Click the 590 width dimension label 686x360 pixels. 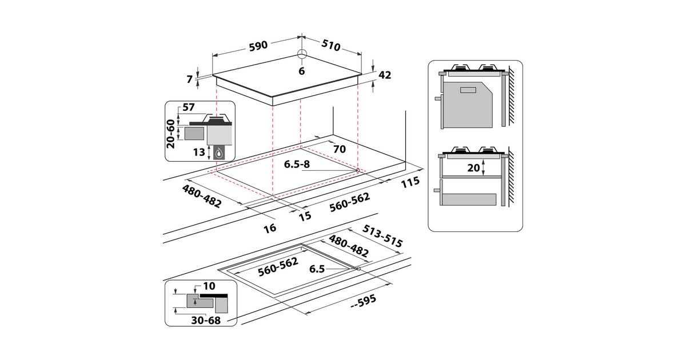[258, 46]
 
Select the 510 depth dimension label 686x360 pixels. [331, 45]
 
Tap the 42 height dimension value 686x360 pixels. [385, 75]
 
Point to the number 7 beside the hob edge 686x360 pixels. [190, 79]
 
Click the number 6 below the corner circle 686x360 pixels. [302, 71]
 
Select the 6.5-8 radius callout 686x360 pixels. [297, 165]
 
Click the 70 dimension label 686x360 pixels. [340, 149]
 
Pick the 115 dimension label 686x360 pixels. [410, 182]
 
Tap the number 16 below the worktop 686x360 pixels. [270, 228]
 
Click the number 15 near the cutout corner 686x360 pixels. [305, 216]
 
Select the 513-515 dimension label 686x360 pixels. [382, 236]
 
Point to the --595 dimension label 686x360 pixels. [362, 302]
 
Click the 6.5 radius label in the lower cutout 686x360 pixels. [317, 269]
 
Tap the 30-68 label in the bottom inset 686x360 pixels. [206, 321]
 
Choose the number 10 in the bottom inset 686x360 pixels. [209, 286]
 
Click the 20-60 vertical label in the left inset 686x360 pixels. [170, 134]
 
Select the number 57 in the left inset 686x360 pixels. [188, 107]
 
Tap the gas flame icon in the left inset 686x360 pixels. [218, 153]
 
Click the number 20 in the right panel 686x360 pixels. [473, 168]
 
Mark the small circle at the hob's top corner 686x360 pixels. [302, 54]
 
